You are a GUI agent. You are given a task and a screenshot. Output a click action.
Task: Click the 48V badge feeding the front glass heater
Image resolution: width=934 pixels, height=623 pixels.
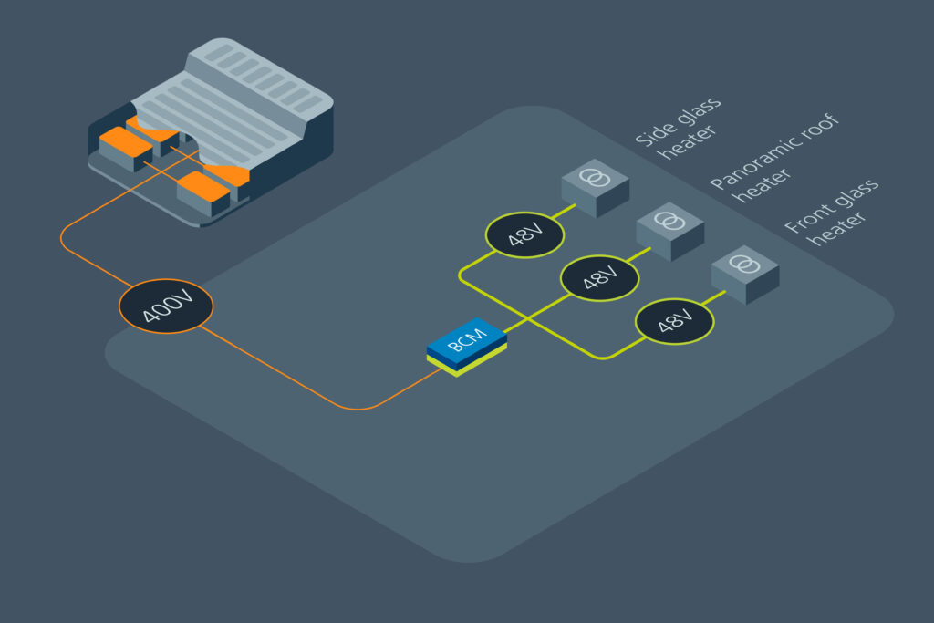coord(675,322)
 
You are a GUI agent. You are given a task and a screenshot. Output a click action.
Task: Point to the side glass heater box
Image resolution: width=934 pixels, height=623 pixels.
coord(596,189)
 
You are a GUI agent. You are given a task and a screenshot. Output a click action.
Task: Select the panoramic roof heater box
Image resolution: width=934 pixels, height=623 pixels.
coord(669,231)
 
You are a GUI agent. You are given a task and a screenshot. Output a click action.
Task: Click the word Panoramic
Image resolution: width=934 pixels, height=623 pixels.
coord(748,161)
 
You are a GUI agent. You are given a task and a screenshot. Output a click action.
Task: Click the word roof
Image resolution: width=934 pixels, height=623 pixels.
coord(816,127)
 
